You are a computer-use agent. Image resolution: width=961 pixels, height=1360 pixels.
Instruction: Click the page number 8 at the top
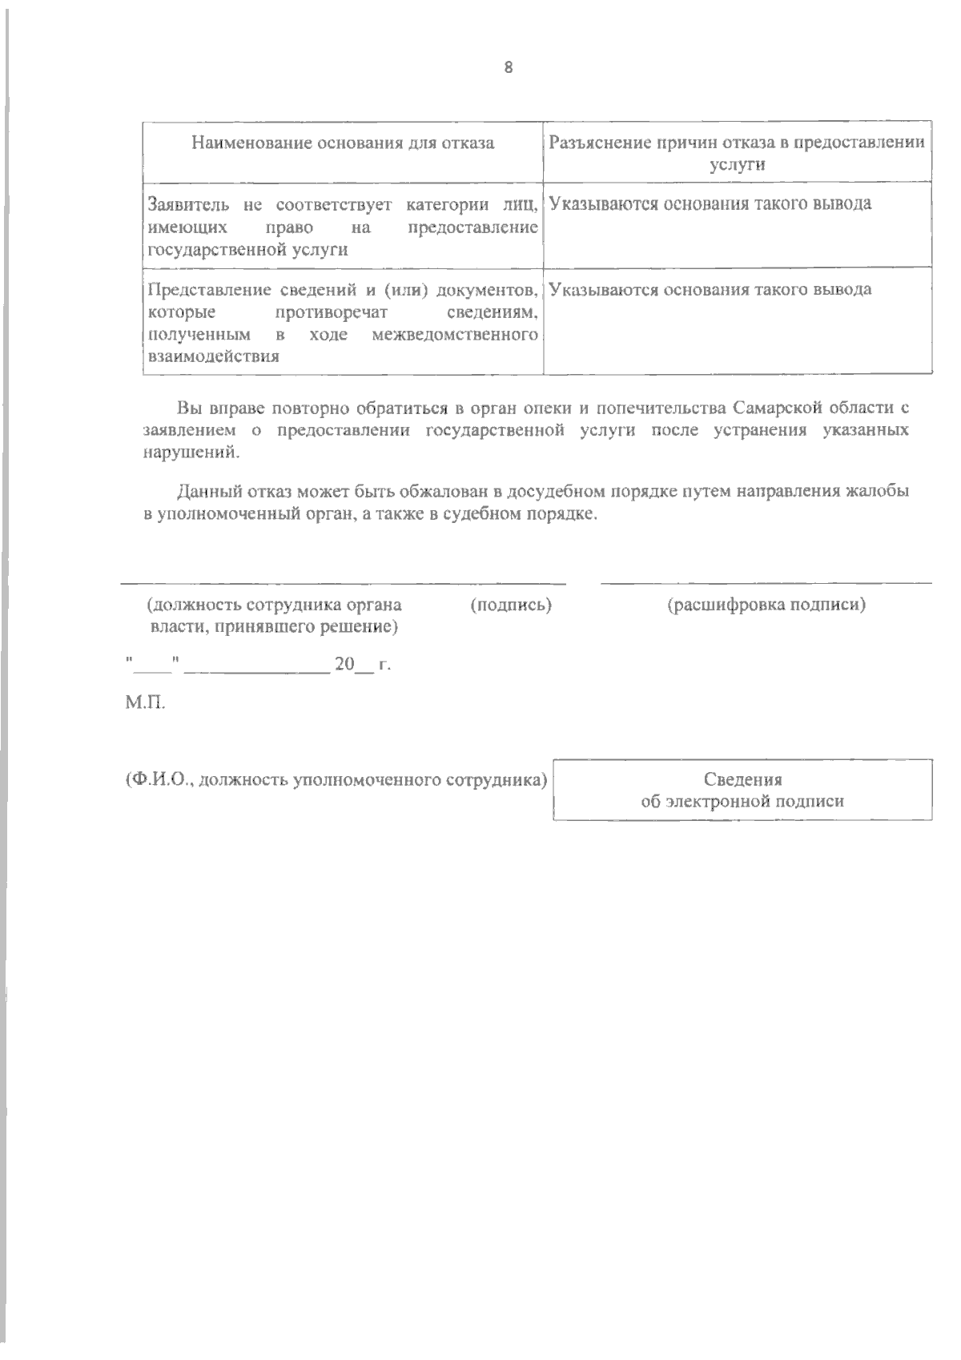508,67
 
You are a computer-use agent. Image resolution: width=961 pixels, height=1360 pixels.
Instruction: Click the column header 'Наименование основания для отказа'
343,143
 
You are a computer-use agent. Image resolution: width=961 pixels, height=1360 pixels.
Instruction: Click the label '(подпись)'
511,606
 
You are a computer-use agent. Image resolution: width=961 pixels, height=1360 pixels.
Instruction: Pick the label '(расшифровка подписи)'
766,606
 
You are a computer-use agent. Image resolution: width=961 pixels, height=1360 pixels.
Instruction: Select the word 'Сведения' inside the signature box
742,779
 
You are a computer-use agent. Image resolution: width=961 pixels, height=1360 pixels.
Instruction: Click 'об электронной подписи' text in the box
742,801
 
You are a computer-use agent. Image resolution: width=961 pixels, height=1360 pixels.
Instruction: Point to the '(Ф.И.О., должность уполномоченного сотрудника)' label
336,779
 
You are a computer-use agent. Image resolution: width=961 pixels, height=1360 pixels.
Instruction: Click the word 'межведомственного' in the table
455,334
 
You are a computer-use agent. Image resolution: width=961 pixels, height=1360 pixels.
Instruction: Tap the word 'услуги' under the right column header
738,166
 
